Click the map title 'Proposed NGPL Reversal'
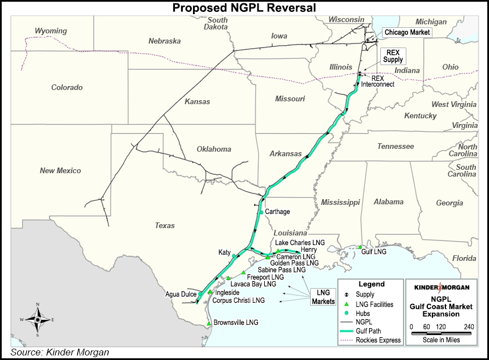(244, 7)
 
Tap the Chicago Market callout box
(407, 32)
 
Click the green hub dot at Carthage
(261, 212)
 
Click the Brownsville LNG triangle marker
(209, 323)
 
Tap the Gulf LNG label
(375, 251)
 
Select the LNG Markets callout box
(323, 297)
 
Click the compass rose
(37, 319)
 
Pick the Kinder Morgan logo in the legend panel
(441, 287)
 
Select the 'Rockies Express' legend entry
(378, 340)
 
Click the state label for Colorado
(67, 88)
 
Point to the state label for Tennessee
(396, 147)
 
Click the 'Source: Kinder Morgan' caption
(60, 353)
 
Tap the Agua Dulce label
(181, 295)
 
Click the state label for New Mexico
(60, 170)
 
